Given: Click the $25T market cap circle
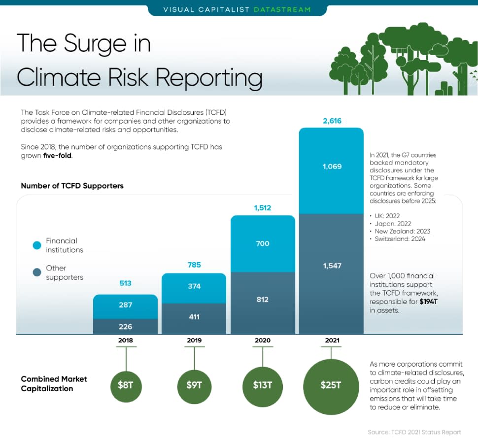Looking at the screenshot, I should [x=331, y=385].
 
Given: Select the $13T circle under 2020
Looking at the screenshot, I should [x=263, y=385].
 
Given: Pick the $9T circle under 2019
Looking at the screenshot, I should [x=194, y=385].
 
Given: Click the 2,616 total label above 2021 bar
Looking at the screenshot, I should [x=332, y=121].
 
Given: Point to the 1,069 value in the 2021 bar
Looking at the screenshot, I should [x=332, y=167].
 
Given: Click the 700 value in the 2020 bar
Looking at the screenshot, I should [x=263, y=243].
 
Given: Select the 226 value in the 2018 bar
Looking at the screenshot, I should [x=126, y=326].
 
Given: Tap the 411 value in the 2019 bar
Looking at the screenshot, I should [x=194, y=317].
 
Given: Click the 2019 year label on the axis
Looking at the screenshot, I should [x=194, y=340].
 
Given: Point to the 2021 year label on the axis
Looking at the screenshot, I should [x=331, y=340].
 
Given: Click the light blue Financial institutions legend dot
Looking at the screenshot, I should [x=36, y=245].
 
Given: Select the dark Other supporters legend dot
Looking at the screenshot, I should [x=36, y=272].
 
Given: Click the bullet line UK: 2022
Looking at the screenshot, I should [x=386, y=216].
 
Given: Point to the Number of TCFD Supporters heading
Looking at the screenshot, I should [x=72, y=186].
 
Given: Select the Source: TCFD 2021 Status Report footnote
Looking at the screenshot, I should [x=414, y=432].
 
